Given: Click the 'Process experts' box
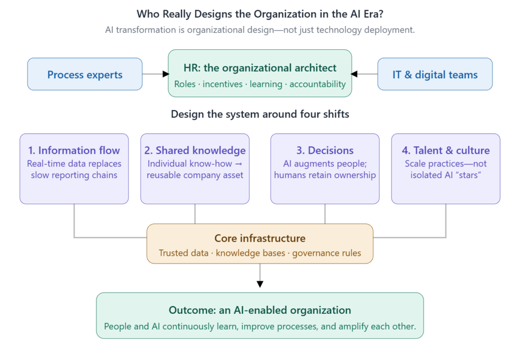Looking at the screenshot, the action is [85, 74].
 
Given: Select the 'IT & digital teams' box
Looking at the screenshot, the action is [435, 74].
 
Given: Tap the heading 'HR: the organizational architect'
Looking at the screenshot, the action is [260, 68].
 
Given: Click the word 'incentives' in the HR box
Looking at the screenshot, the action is [222, 84].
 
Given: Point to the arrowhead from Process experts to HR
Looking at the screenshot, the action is [166, 74].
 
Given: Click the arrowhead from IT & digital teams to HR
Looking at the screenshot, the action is [354, 74].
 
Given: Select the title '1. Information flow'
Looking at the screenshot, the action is [74, 150].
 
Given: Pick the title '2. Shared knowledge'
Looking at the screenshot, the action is [195, 150].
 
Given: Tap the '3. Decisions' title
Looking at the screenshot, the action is [325, 150].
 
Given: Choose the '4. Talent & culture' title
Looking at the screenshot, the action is [446, 150].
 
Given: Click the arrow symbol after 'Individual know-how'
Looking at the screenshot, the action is [239, 164].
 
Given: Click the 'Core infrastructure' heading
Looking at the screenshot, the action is [260, 238].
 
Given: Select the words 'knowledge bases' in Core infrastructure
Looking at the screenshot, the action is [250, 253].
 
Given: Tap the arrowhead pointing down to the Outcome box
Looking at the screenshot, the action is [260, 284].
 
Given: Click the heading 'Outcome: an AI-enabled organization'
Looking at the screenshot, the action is [260, 310].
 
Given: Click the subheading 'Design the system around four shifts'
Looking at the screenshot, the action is [260, 114].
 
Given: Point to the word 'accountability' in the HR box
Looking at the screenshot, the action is [318, 84].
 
